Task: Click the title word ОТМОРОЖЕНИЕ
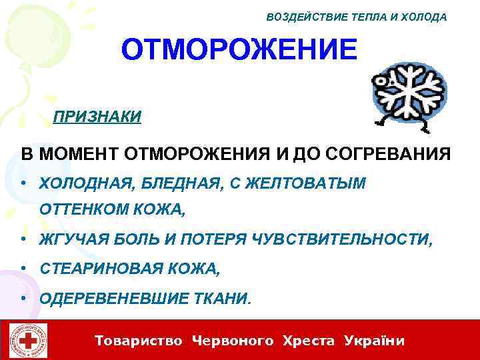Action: pyautogui.click(x=239, y=51)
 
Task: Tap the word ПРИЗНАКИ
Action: pyautogui.click(x=97, y=117)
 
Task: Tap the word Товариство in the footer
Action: pyautogui.click(x=139, y=341)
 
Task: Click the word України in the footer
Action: pyautogui.click(x=375, y=341)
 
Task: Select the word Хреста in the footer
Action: pyautogui.click(x=309, y=341)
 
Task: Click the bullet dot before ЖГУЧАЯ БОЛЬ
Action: pyautogui.click(x=24, y=239)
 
